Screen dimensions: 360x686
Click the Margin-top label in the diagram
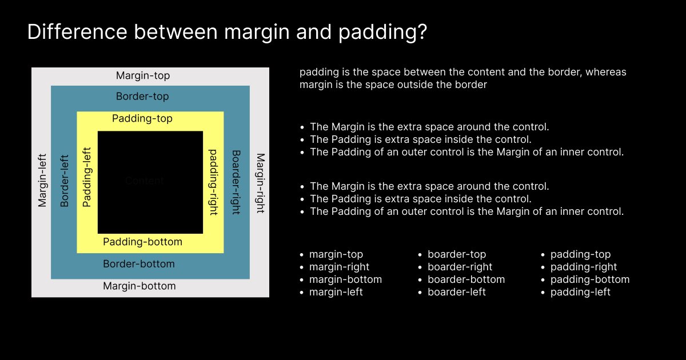tap(143, 75)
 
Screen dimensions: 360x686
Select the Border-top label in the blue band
tap(142, 97)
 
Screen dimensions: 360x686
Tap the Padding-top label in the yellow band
tap(142, 119)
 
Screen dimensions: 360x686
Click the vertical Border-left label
tap(64, 181)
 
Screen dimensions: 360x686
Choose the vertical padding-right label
tap(213, 182)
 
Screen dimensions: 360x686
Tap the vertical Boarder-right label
tap(236, 182)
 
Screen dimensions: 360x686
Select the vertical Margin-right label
tap(260, 183)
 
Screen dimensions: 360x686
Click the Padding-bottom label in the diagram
tap(142, 242)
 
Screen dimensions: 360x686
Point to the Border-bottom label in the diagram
tap(139, 264)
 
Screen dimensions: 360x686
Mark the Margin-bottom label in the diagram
tap(139, 286)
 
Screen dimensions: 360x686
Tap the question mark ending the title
tap(421, 33)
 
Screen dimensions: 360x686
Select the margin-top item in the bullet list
tap(336, 254)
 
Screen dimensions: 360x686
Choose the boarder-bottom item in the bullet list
tap(466, 279)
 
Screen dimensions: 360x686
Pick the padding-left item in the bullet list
tap(580, 292)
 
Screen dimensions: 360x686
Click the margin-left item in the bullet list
tap(336, 292)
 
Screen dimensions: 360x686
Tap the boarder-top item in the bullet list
tap(457, 254)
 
